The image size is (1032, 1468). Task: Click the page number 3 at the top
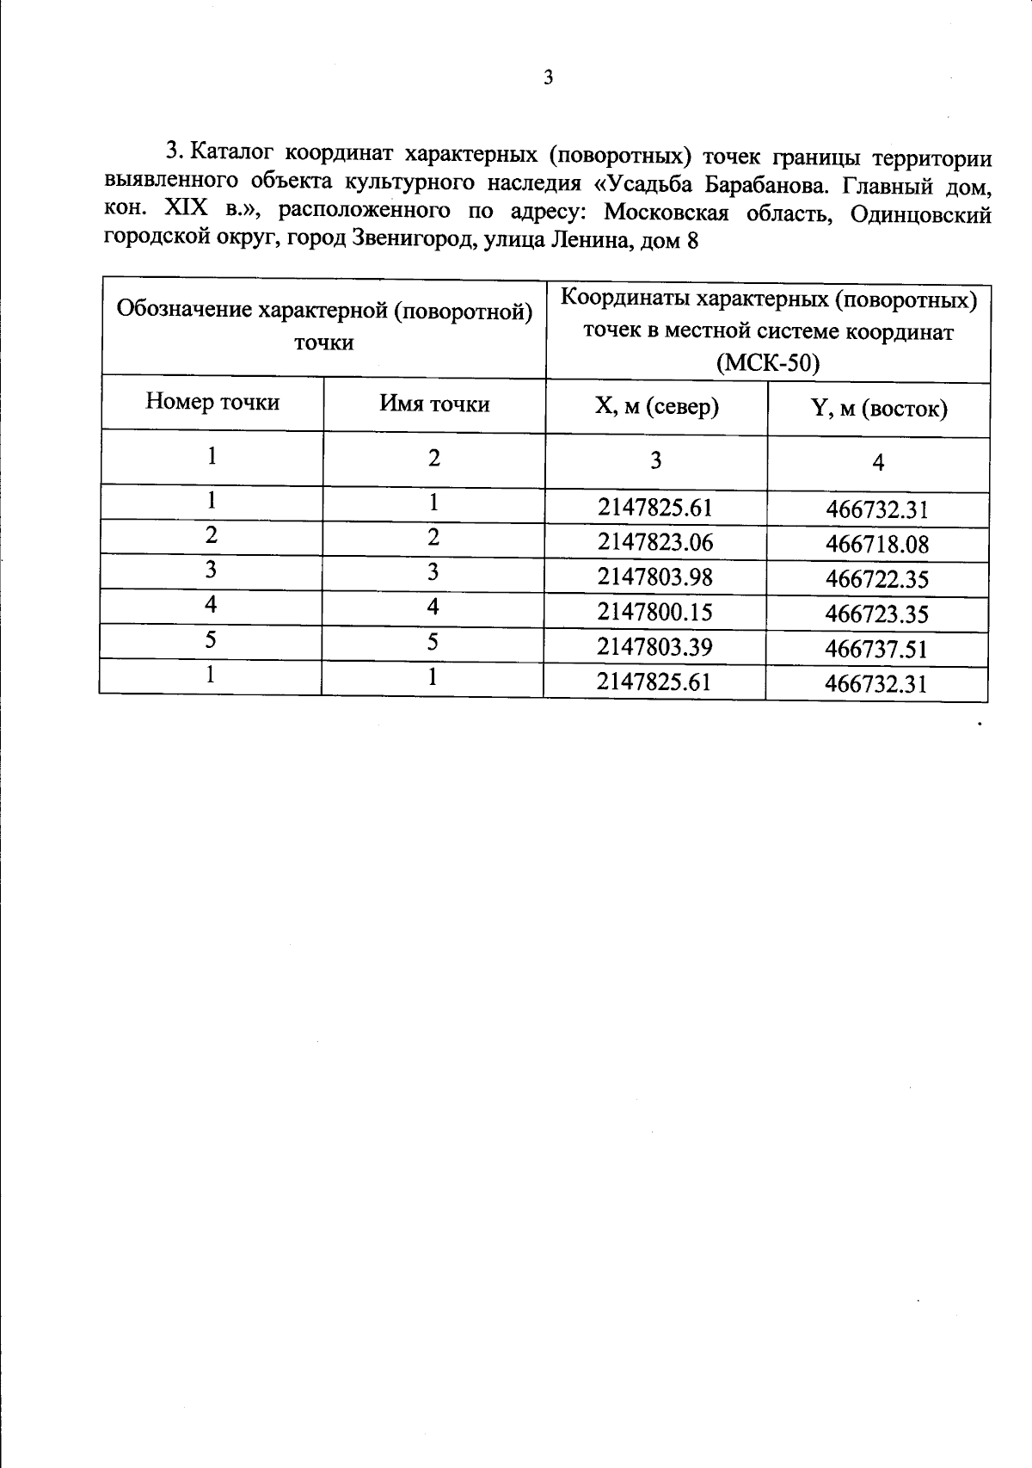point(549,78)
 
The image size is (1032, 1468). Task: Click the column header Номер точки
point(212,402)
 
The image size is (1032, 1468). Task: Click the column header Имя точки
point(434,404)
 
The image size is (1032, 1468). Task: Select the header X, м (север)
point(656,406)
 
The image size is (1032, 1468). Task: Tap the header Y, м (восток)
point(879,409)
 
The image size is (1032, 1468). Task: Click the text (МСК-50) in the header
point(768,363)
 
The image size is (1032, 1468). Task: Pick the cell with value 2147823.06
point(655,542)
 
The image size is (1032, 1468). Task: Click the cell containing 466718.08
point(877,545)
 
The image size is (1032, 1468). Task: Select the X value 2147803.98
point(655,577)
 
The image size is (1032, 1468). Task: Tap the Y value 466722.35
point(877,579)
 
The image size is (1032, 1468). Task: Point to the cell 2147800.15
point(655,612)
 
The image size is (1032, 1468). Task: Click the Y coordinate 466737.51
point(876,649)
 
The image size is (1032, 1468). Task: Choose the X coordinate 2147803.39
point(655,646)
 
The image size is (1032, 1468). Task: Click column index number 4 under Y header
point(878,464)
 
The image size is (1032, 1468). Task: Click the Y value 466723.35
point(876,614)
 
